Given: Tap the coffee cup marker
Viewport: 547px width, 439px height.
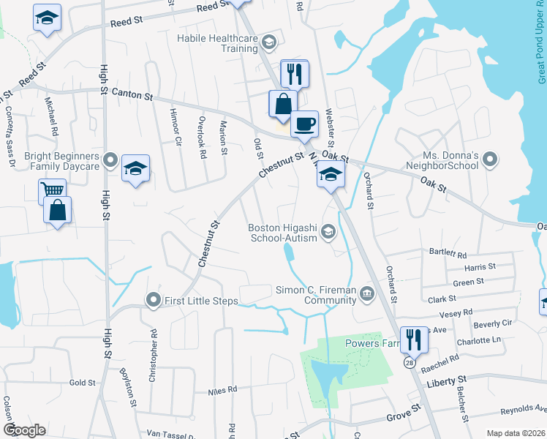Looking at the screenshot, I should [304, 124].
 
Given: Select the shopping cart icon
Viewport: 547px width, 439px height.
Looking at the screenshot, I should [51, 192].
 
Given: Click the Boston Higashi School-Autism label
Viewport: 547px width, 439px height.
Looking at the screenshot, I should [283, 233].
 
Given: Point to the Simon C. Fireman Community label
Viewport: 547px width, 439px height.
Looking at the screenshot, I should [316, 295].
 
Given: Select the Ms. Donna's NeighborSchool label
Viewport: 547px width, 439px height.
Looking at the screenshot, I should [450, 161].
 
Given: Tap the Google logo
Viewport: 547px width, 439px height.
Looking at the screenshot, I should [25, 430].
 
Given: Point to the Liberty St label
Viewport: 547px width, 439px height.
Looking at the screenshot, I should [445, 380].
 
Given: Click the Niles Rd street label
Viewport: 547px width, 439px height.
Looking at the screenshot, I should [222, 391].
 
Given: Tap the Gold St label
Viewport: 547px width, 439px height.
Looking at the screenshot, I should [82, 383].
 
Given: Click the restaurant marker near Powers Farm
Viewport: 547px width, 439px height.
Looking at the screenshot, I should [413, 339].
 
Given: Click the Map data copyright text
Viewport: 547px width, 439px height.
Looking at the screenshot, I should [516, 433].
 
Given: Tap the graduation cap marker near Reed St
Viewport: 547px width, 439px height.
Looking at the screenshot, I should [47, 17].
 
